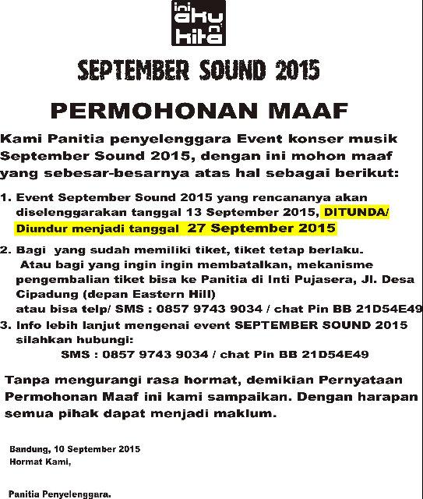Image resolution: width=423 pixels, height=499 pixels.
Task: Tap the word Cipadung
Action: click(40, 293)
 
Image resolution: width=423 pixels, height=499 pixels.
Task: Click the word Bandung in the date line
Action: click(28, 450)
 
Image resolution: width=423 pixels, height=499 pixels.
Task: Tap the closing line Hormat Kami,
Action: click(40, 462)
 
